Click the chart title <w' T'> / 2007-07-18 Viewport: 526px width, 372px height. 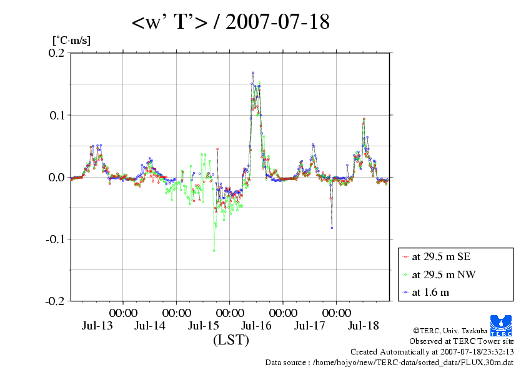[x=231, y=23]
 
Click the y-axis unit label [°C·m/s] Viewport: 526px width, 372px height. [x=71, y=41]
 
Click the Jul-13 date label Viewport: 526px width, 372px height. [x=97, y=326]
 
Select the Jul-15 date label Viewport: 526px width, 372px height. [x=204, y=326]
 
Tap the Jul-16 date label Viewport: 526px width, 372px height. [x=257, y=326]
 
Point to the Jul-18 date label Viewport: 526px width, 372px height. [x=364, y=326]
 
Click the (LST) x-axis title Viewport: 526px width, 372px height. [x=231, y=341]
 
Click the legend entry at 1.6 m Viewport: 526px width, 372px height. [x=430, y=292]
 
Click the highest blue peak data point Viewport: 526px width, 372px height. [x=253, y=73]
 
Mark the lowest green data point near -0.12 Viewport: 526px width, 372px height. [x=214, y=251]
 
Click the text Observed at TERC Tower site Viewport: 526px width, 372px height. [x=461, y=341]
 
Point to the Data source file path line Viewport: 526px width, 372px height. [x=389, y=362]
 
